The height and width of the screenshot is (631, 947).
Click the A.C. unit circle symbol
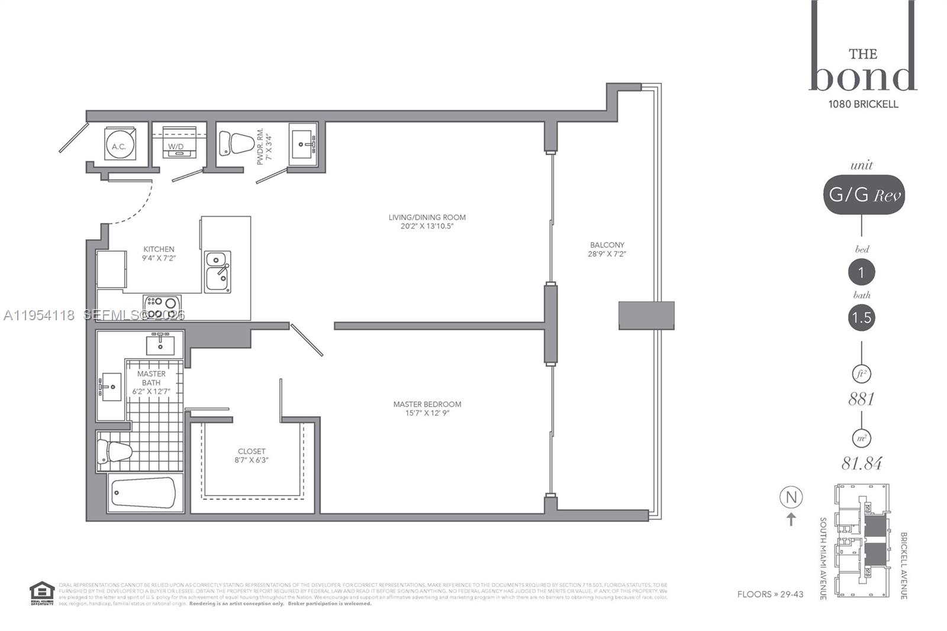120,145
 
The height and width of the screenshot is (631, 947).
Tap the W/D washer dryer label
176,146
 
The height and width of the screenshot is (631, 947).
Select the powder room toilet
236,143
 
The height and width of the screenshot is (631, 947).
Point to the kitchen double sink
217,272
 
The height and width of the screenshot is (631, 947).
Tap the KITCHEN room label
159,249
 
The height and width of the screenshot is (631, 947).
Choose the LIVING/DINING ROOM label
427,217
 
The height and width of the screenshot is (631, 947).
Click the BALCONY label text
607,244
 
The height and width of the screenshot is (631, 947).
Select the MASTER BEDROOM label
427,404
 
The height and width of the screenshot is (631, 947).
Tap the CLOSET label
252,451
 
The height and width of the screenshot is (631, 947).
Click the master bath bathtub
144,493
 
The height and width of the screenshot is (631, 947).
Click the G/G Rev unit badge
864,194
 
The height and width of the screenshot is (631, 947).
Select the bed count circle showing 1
861,272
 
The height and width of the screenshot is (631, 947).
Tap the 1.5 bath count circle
861,318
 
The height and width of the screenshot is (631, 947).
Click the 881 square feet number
861,399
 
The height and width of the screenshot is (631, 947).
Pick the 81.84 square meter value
862,463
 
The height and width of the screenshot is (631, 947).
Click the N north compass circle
791,497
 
